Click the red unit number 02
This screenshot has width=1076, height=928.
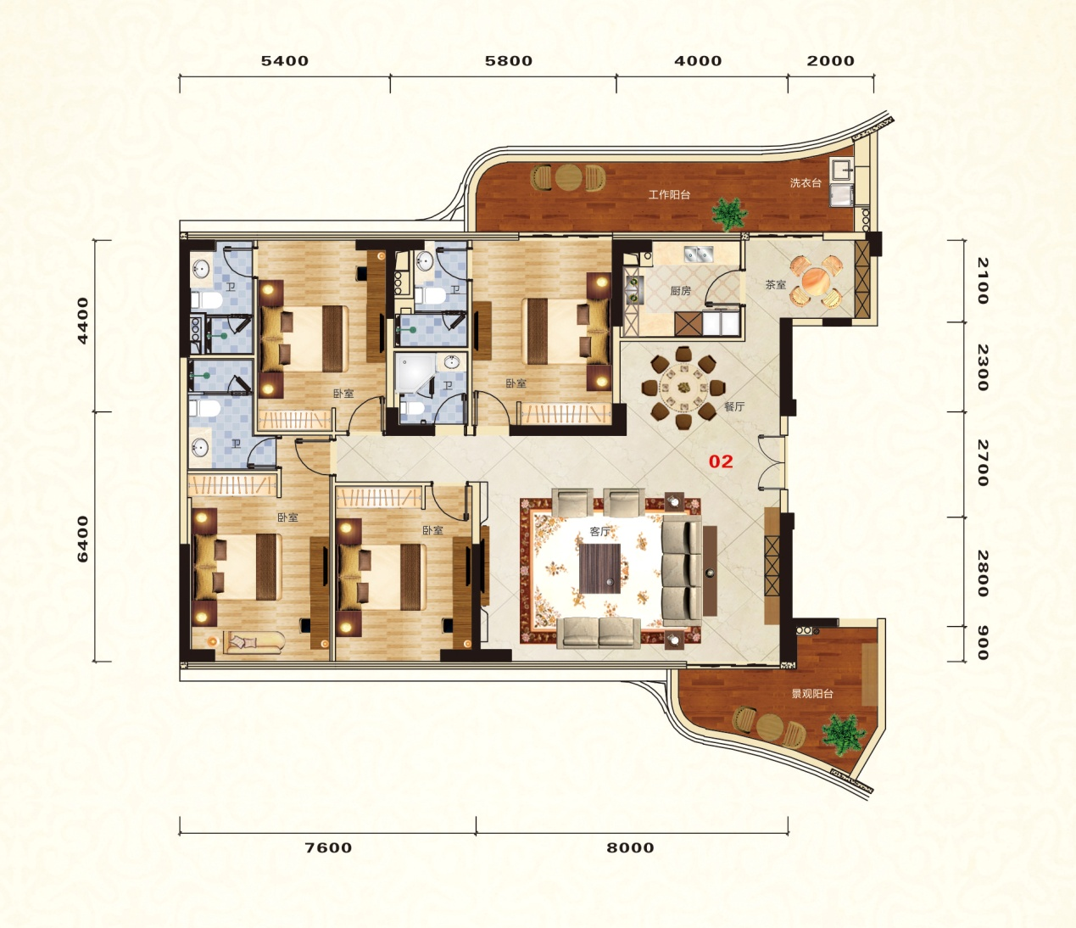click(721, 461)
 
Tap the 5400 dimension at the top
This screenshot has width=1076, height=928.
click(285, 61)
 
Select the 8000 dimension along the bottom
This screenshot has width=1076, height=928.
click(630, 847)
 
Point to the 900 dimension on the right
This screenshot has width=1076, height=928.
click(983, 642)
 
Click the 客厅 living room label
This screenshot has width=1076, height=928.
click(599, 531)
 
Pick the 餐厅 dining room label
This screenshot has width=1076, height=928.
click(734, 406)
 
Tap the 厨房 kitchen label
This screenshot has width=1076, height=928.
click(680, 291)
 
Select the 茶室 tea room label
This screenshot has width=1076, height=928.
click(776, 284)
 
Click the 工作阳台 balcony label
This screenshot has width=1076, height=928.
click(670, 195)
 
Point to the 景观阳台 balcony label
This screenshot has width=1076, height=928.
click(812, 694)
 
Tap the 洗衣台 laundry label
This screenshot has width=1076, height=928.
click(806, 182)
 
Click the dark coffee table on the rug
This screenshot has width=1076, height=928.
click(599, 568)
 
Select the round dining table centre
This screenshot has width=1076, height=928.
click(683, 388)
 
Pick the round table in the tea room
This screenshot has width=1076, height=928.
click(816, 282)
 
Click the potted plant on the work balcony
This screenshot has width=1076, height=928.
click(729, 214)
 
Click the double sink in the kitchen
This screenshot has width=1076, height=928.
click(698, 254)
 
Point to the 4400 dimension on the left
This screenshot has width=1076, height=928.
click(82, 321)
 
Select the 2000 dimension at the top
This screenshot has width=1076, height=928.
click(831, 61)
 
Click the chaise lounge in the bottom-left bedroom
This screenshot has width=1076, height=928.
click(254, 642)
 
